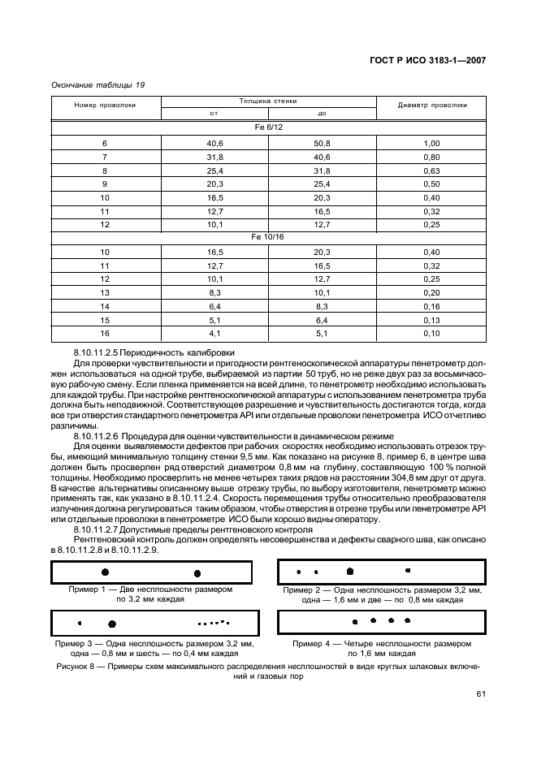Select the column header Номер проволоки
click(105, 105)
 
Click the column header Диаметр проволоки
click(431, 105)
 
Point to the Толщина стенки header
click(268, 100)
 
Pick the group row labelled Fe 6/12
click(268, 128)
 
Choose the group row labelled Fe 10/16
click(268, 237)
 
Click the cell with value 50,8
click(322, 143)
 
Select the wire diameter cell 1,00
click(431, 143)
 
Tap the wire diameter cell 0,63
click(431, 171)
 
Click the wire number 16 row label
click(105, 334)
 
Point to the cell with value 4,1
click(214, 334)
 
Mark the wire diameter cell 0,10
click(431, 334)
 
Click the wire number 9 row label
click(105, 184)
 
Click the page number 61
click(480, 693)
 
